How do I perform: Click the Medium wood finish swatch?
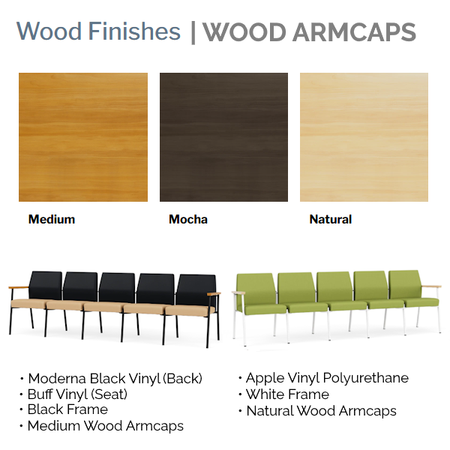83,137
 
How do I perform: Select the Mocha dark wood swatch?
223,137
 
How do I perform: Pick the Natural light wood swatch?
364,137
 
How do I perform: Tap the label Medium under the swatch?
52,220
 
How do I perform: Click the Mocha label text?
188,220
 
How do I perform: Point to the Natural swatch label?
331,220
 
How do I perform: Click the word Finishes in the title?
134,31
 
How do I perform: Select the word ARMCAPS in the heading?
354,31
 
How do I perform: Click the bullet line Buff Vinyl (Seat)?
77,394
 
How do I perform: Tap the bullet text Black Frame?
67,409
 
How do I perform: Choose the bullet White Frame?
287,394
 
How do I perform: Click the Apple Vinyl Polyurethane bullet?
328,378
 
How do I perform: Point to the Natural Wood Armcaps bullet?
322,411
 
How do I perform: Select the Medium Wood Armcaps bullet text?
106,426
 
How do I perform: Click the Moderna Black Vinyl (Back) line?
115,379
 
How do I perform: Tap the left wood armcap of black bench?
19,287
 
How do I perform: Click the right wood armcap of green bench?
431,286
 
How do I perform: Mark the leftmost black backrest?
46,285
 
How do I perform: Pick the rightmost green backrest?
405,284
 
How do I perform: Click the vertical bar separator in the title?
193,32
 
